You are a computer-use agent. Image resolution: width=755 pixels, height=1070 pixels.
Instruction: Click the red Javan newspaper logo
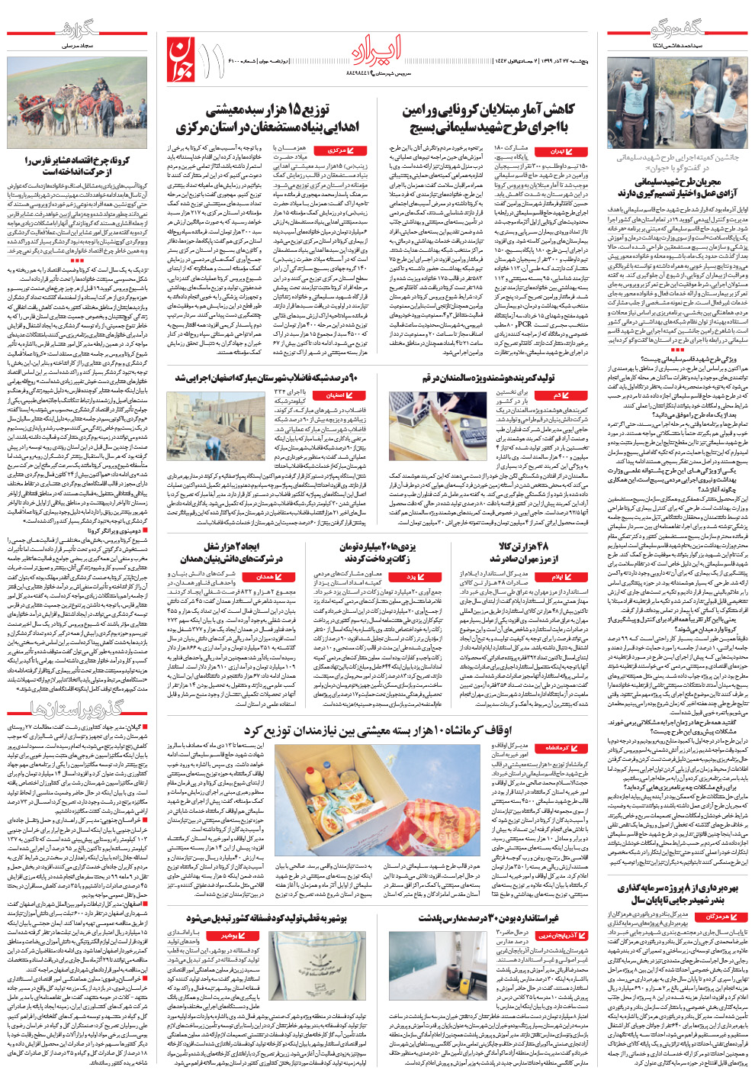[x=183, y=60]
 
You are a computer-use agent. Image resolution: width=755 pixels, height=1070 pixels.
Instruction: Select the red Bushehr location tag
[x=236, y=935]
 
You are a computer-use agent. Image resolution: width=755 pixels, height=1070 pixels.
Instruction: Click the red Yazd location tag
[x=416, y=577]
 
